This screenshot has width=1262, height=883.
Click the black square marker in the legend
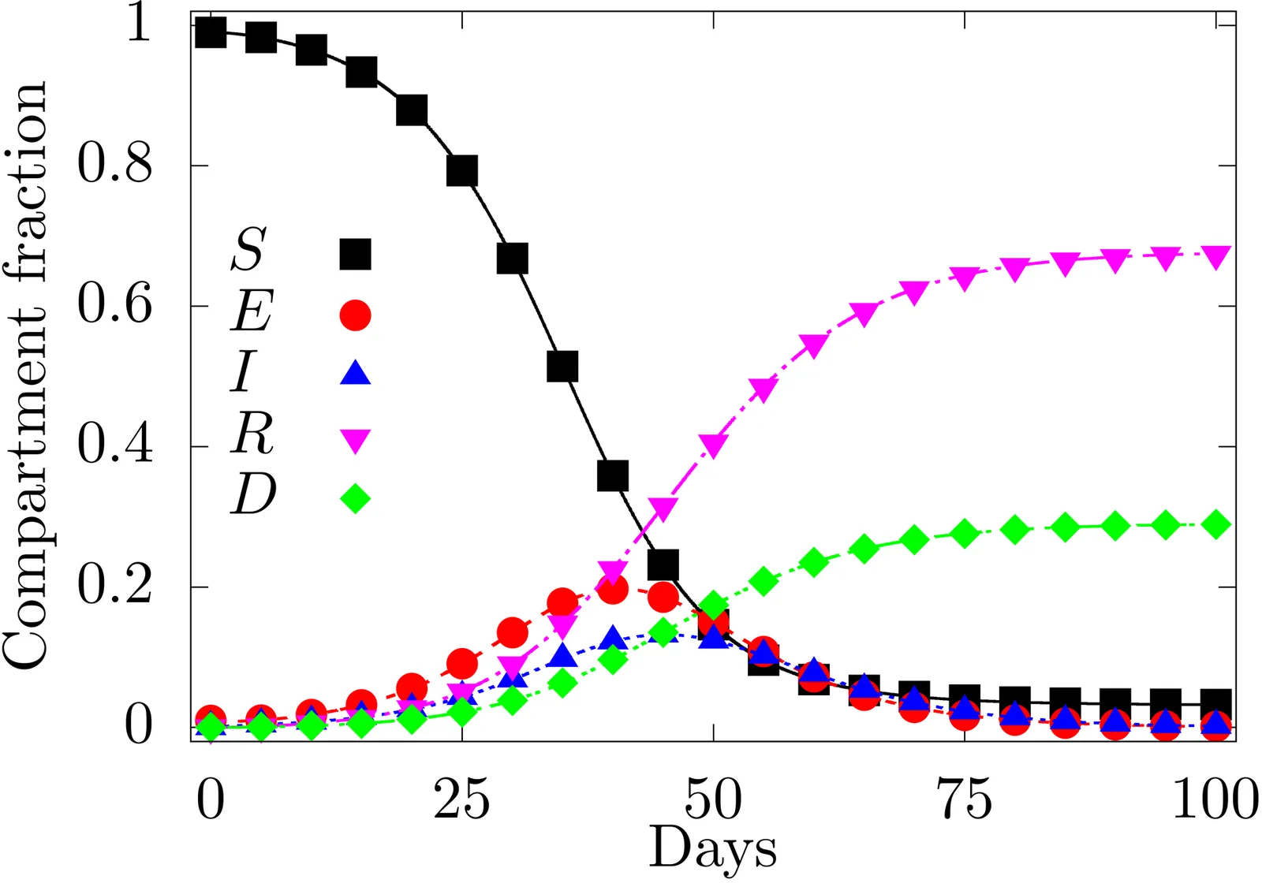click(x=355, y=255)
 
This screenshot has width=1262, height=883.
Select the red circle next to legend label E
click(x=355, y=315)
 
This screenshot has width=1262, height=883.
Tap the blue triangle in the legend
click(x=355, y=373)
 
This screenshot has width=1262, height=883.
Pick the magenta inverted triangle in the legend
click(x=355, y=440)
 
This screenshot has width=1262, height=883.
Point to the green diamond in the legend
click(x=355, y=498)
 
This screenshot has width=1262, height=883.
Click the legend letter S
click(x=249, y=249)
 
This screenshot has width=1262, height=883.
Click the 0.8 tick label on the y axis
click(x=114, y=165)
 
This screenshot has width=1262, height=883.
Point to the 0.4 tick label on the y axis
click(x=114, y=445)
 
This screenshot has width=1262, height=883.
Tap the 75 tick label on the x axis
click(x=964, y=800)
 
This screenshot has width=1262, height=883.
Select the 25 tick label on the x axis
click(x=461, y=800)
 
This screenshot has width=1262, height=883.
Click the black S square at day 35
click(x=562, y=367)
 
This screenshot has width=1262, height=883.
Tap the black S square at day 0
click(x=211, y=33)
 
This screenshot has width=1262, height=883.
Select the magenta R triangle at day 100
click(x=1216, y=256)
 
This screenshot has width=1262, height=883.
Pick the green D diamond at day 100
click(x=1216, y=524)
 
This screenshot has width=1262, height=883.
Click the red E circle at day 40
click(x=613, y=589)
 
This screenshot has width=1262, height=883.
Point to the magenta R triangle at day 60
click(x=814, y=345)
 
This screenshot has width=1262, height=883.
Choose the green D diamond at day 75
click(x=964, y=534)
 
